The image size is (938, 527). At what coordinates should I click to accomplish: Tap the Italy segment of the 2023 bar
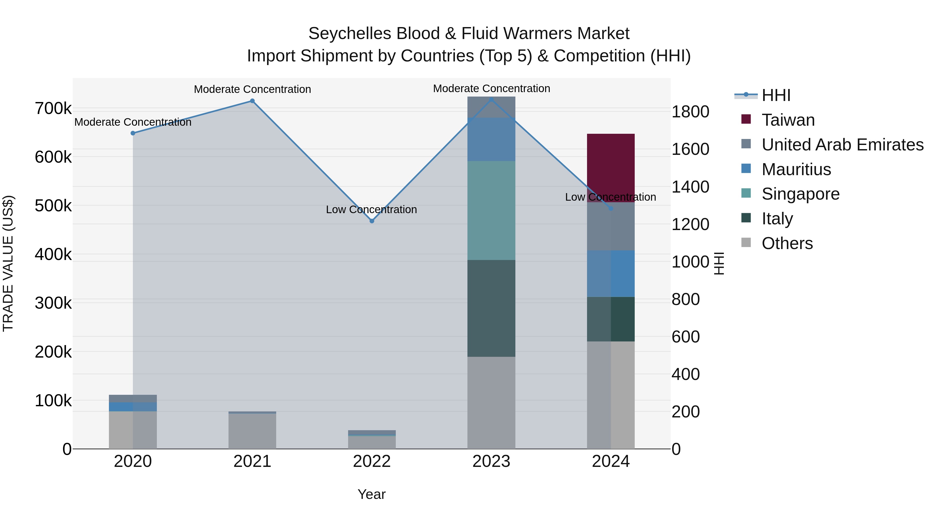491,308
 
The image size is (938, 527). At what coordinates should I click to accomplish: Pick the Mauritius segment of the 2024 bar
611,274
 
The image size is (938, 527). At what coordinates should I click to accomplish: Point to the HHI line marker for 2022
372,221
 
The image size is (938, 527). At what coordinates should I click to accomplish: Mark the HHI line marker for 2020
133,133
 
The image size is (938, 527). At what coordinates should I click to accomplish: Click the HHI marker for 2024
611,209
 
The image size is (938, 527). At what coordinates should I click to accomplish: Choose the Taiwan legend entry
788,120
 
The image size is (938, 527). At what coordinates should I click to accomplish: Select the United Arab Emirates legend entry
842,145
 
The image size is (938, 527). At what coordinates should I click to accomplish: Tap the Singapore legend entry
800,194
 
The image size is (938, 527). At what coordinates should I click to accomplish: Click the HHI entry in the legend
776,95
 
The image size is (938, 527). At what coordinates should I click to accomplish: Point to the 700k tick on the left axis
53,108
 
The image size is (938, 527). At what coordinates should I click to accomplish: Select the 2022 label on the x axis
372,461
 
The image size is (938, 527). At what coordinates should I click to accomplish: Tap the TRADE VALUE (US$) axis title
8,263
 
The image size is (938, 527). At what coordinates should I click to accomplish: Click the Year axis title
371,494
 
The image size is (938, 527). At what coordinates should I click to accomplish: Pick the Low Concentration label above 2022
371,209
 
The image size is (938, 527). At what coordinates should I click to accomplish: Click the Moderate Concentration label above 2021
252,89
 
